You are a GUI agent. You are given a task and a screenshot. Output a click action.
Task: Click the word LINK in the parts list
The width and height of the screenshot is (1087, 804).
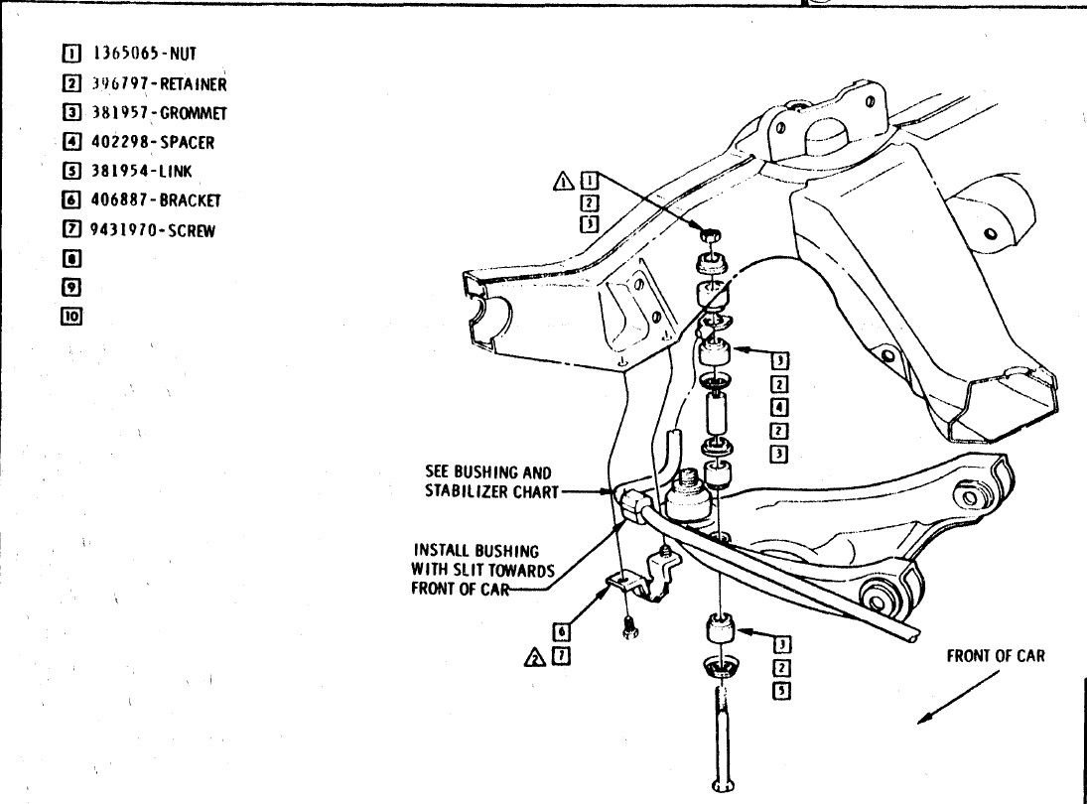point(176,171)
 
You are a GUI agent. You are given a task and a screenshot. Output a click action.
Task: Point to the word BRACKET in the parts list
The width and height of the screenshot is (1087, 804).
point(191,200)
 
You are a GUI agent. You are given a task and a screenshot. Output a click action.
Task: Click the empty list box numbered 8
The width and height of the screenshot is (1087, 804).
point(70,259)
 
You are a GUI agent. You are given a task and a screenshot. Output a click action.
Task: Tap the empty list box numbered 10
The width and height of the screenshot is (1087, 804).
point(70,317)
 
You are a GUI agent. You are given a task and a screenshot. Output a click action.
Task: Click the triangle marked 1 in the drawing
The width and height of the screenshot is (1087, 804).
point(563,181)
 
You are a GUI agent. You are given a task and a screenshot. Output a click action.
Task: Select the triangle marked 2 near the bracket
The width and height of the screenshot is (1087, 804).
point(535,656)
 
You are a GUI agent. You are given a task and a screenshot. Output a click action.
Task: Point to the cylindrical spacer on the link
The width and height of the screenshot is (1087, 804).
point(713,410)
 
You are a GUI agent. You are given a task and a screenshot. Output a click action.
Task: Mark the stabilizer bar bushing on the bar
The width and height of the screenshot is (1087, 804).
point(630,501)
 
